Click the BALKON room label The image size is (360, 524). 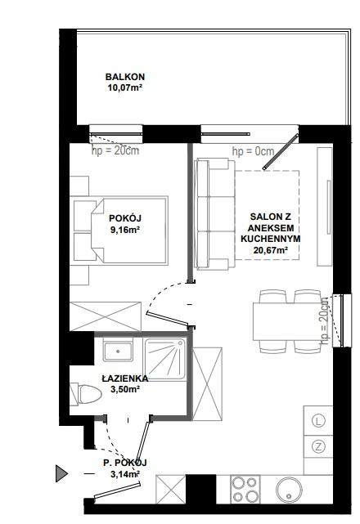point(125,77)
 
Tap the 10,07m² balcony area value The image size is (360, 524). point(125,88)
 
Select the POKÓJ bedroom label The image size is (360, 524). point(125,218)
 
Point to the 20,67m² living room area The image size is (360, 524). point(271,250)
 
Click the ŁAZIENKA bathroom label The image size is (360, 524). point(125,378)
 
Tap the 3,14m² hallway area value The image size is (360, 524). point(125,474)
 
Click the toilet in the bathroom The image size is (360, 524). point(86,394)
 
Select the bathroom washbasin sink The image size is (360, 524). point(118,352)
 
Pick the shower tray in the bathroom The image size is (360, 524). point(164,359)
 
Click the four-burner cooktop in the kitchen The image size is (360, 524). point(245,489)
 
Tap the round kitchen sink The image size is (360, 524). point(289,490)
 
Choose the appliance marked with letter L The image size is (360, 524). point(318,421)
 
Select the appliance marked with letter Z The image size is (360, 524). point(318,446)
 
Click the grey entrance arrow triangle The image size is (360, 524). point(61,473)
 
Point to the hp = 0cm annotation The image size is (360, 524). point(254,152)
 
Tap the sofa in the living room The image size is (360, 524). point(215,214)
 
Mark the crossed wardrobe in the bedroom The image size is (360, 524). point(106,316)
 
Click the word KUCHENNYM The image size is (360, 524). point(271,239)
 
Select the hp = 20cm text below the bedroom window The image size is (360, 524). point(115,150)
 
